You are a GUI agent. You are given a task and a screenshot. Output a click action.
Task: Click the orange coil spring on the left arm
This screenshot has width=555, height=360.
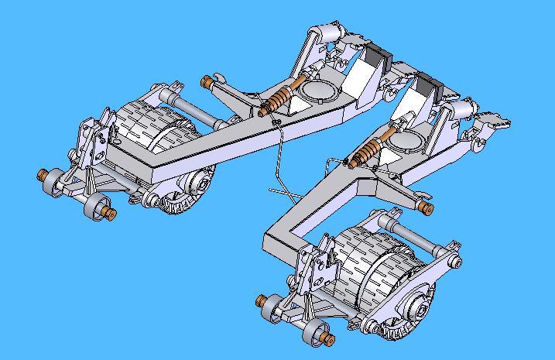[x=278, y=101]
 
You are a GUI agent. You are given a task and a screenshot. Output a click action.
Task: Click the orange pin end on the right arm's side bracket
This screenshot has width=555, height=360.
[x=424, y=207]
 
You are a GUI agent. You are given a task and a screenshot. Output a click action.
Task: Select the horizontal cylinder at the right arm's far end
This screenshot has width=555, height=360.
[x=465, y=108]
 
